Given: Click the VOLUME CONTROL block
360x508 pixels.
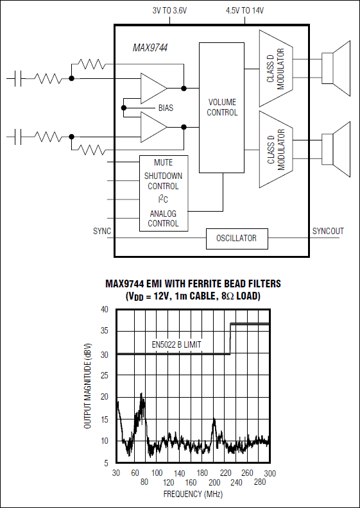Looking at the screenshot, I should pos(221,107).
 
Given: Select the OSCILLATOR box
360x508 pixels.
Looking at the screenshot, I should pos(236,239).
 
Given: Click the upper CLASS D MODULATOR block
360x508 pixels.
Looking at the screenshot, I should pos(275,68).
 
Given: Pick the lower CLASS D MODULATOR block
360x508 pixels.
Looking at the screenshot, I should pos(275,149).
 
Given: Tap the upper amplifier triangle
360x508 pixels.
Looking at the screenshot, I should pos(153,88).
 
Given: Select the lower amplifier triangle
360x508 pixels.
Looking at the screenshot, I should pos(153,126).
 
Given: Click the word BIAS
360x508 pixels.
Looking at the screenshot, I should pos(166,108).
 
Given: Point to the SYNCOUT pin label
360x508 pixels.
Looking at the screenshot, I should pos(328,231).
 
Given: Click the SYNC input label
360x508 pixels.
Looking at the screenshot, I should pos(101,231).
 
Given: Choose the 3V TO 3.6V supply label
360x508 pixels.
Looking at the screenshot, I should pos(169,11).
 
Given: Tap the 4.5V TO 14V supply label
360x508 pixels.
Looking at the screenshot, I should pos(245,11).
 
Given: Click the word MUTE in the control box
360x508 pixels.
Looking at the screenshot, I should pos(164,162).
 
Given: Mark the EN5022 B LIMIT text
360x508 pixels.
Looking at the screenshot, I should pos(176,345).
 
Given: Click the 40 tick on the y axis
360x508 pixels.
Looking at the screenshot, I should pos(104,309).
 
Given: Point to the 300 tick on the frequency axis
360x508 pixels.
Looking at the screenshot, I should pos(269,473).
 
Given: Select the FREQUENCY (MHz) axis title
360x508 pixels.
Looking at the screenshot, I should pos(192,495).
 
